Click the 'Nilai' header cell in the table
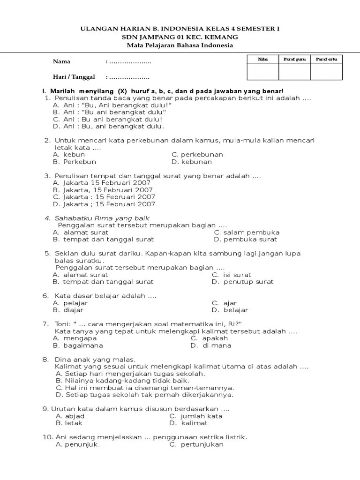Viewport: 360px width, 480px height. (262, 59)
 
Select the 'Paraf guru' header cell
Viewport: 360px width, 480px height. (294, 59)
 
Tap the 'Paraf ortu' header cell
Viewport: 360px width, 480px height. (326, 59)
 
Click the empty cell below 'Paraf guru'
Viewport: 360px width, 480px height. (294, 72)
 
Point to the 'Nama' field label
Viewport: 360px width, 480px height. (61, 62)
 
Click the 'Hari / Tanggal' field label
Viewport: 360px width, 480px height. (74, 77)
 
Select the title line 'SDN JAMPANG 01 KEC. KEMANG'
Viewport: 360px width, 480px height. (180, 37)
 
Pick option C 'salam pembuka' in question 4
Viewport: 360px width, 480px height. (247, 232)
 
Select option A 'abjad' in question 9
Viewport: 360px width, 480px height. (70, 416)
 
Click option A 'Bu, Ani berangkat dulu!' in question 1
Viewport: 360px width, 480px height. (112, 105)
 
